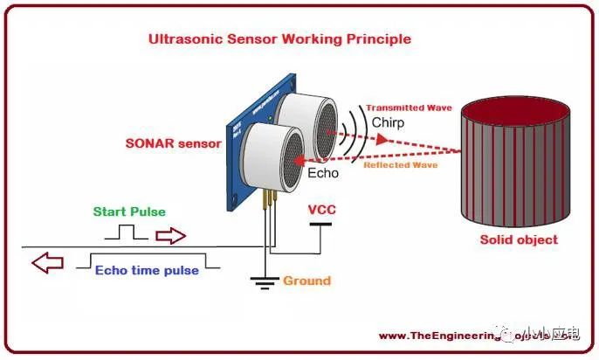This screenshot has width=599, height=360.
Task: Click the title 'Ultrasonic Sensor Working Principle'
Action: pyautogui.click(x=279, y=39)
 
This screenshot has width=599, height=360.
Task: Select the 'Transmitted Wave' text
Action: pyautogui.click(x=409, y=108)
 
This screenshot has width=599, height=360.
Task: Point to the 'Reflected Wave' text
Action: pyautogui.click(x=400, y=165)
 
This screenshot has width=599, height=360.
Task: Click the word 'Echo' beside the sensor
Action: pyautogui.click(x=322, y=173)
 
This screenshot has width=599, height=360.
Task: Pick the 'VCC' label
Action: pyautogui.click(x=321, y=211)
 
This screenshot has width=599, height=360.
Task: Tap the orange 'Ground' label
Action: pyautogui.click(x=306, y=280)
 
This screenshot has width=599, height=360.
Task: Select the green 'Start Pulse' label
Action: pyautogui.click(x=129, y=211)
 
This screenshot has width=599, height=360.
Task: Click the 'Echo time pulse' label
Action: pyautogui.click(x=147, y=270)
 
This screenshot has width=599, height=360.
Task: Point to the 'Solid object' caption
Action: pyautogui.click(x=519, y=239)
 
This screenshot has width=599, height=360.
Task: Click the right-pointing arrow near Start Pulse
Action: pyautogui.click(x=171, y=235)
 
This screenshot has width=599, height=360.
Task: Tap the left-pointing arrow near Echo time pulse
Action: pyautogui.click(x=48, y=261)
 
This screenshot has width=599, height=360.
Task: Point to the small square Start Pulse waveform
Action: pyautogui.click(x=127, y=232)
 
